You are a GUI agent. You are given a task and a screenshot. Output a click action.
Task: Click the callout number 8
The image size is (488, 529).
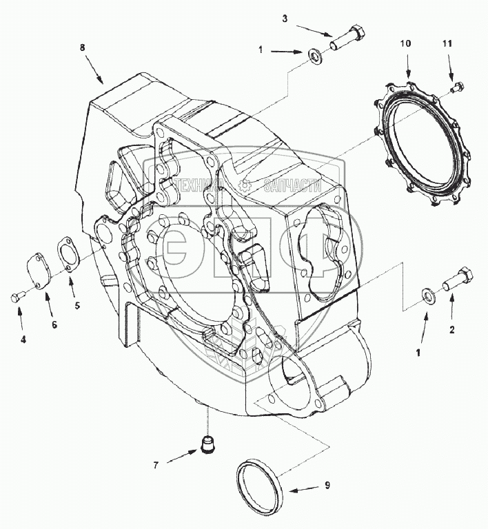click(x=83, y=48)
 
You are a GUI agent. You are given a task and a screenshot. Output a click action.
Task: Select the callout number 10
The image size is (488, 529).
click(x=406, y=43)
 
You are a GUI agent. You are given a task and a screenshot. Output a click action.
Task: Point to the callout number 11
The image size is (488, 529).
click(x=447, y=43)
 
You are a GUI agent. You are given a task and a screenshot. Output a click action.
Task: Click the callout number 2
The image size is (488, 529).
click(x=452, y=329)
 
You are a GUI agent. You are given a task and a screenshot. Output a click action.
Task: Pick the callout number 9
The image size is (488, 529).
click(x=327, y=486)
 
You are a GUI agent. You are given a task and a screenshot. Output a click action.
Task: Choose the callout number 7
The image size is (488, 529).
click(x=156, y=465)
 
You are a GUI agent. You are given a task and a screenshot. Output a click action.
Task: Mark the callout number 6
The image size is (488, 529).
click(x=54, y=324)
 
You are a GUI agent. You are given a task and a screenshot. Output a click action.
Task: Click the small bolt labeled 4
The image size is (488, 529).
click(x=17, y=297)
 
